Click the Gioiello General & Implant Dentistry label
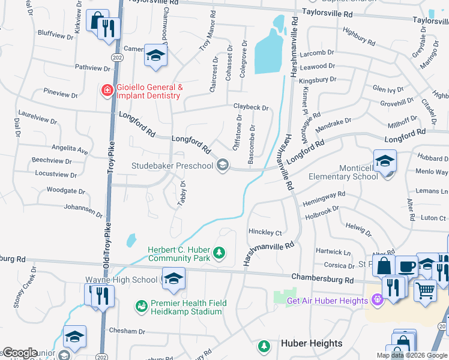(x=149, y=91)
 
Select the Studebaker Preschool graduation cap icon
(x=223, y=165)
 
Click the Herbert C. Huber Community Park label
(x=179, y=254)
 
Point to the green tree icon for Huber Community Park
(x=220, y=254)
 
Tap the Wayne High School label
(x=121, y=280)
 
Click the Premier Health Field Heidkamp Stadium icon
(x=141, y=307)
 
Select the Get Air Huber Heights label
(x=327, y=301)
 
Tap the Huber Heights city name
(x=312, y=344)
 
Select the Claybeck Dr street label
(x=251, y=107)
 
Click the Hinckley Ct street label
(x=265, y=232)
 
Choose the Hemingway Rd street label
(x=324, y=197)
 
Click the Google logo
(x=20, y=353)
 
